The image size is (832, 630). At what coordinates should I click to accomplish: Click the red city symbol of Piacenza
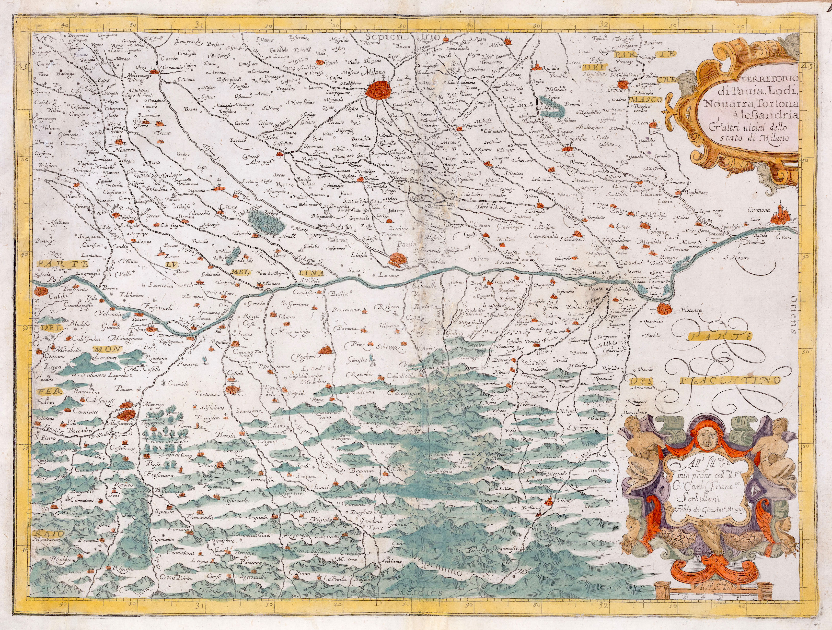[663, 310]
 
